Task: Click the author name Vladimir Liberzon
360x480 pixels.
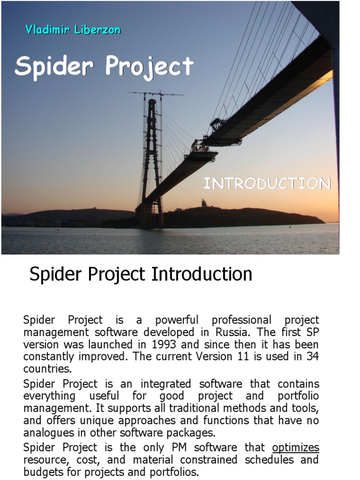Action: click(73, 30)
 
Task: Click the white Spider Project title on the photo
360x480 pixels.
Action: click(104, 66)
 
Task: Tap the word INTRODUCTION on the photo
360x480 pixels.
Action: click(267, 183)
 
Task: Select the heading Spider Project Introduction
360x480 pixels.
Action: click(141, 274)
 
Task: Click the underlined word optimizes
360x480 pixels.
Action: click(295, 447)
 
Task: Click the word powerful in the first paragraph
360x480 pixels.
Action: click(177, 320)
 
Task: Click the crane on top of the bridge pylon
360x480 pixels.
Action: click(155, 94)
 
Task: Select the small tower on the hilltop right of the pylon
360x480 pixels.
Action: click(204, 203)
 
